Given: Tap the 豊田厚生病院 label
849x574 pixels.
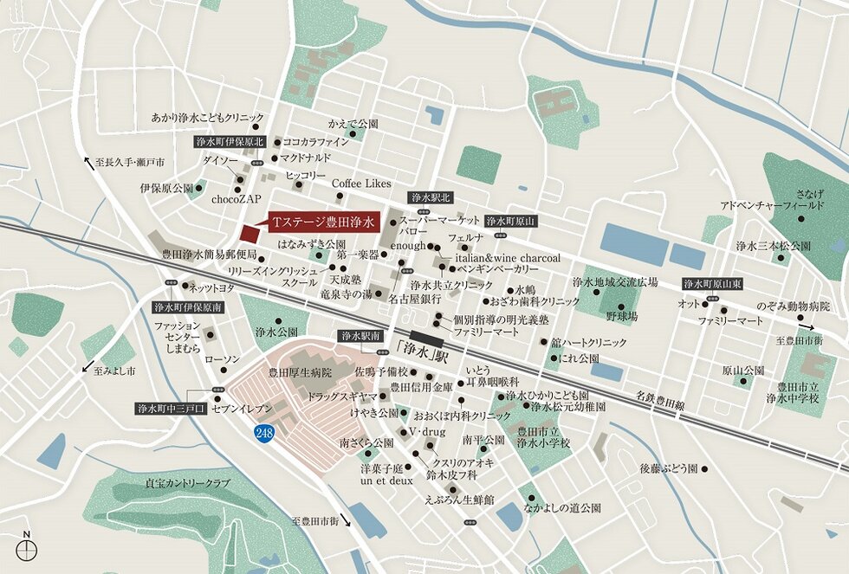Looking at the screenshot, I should [x=300, y=373].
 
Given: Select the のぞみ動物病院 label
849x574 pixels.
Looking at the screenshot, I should [x=793, y=307].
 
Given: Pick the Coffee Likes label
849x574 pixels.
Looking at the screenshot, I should [x=362, y=184].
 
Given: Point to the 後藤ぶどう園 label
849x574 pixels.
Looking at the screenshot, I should [x=668, y=468].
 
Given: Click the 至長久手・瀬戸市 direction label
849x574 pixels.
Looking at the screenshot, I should [x=130, y=162].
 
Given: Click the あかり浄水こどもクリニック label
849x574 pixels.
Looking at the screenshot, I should [x=207, y=117].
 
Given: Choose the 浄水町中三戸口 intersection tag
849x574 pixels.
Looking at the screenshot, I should [x=171, y=409].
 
